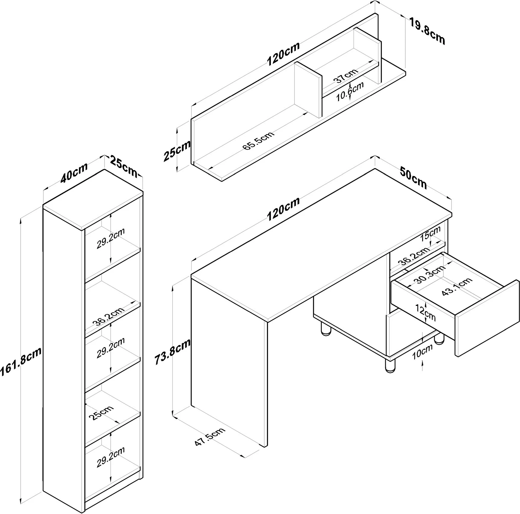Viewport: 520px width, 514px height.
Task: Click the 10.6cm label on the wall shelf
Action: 350,91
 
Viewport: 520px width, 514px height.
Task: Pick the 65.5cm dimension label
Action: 258,141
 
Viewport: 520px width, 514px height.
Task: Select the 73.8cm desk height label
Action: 172,352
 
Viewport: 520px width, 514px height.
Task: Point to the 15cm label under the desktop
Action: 430,234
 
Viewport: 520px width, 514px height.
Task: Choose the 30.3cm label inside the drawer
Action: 430,275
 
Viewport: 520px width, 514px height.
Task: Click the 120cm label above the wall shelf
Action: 283,54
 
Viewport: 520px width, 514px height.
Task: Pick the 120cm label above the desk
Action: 283,209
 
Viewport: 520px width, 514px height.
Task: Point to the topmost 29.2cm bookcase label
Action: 110,239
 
